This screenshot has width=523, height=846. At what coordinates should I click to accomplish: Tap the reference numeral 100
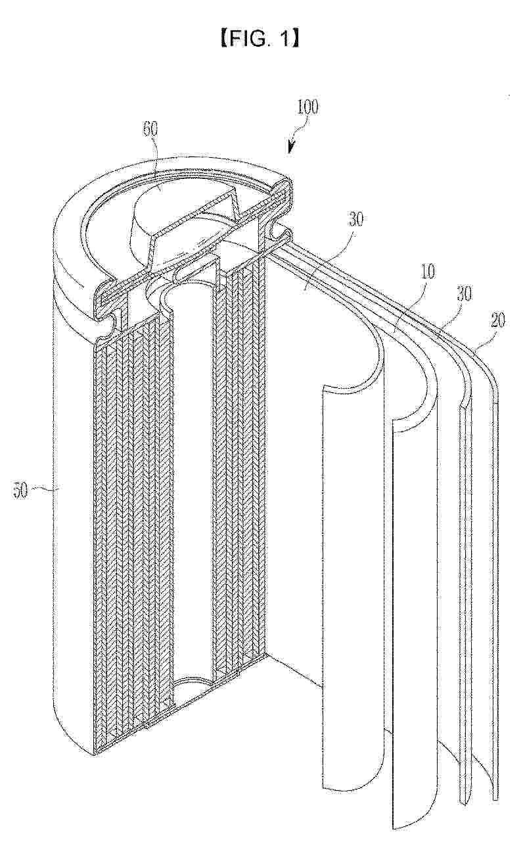[306, 108]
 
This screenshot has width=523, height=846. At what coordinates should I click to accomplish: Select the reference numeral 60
[151, 129]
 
